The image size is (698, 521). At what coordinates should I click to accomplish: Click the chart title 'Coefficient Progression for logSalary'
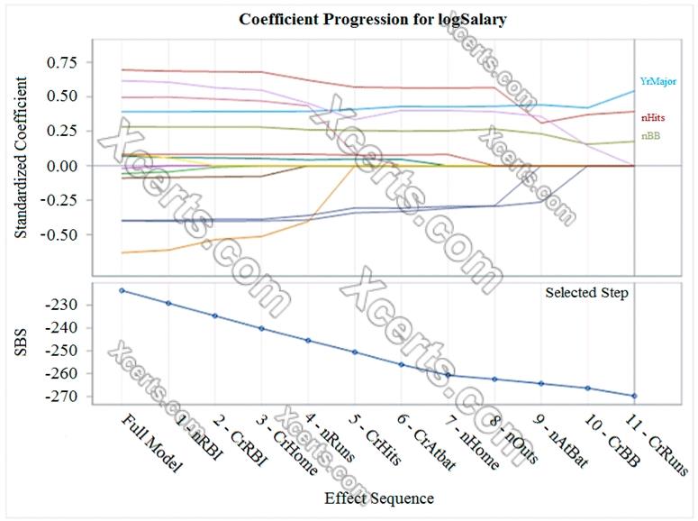[372, 19]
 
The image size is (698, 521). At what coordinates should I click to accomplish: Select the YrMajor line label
[657, 81]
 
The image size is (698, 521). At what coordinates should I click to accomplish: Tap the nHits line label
[654, 117]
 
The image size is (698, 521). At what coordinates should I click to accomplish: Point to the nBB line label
[649, 136]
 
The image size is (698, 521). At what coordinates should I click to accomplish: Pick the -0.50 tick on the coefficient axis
[63, 234]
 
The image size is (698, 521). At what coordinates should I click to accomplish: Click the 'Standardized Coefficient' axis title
[22, 157]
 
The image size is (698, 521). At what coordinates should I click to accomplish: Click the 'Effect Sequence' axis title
[378, 498]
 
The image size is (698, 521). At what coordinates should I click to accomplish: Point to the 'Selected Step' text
[586, 293]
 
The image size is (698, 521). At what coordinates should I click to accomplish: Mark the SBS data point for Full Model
[122, 290]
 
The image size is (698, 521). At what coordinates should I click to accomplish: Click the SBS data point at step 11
[634, 396]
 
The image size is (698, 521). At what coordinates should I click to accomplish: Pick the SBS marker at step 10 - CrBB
[587, 388]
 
